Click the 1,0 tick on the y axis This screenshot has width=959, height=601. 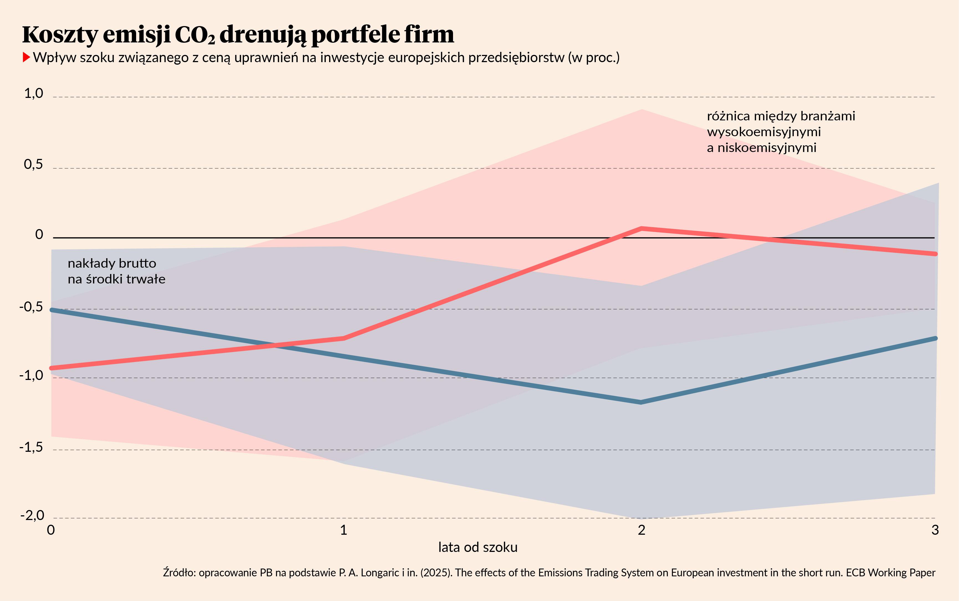click(x=33, y=94)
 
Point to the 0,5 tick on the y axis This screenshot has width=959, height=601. click(x=33, y=164)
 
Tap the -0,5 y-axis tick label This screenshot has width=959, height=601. click(x=31, y=307)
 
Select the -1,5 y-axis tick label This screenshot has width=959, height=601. click(x=31, y=448)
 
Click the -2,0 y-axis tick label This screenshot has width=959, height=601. click(x=32, y=516)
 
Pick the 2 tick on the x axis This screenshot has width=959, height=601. click(x=641, y=530)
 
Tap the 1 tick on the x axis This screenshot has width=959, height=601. click(x=344, y=530)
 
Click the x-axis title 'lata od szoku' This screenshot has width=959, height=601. click(x=478, y=547)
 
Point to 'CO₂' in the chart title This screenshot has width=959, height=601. click(x=195, y=35)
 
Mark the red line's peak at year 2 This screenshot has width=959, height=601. click(x=641, y=229)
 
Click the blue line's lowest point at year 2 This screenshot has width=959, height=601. click(x=641, y=402)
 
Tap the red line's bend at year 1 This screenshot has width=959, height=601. click(x=344, y=338)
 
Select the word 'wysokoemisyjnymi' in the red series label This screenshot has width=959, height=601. click(x=764, y=131)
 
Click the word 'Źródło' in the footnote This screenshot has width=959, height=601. click(x=179, y=573)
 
